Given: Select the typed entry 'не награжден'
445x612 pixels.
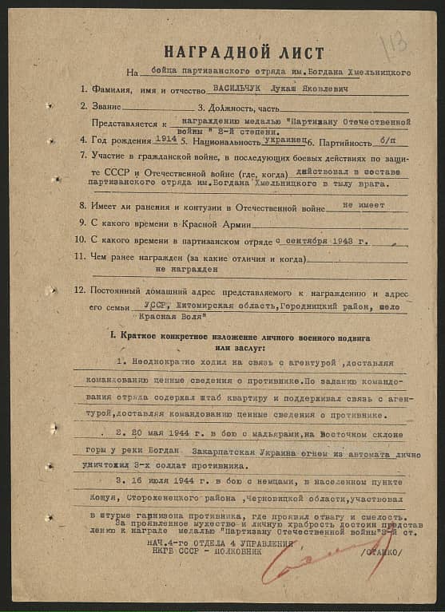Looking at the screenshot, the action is click(x=191, y=271).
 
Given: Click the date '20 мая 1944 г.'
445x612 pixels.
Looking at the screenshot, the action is click(x=167, y=436).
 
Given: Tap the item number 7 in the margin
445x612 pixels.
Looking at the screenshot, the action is click(x=83, y=155).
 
